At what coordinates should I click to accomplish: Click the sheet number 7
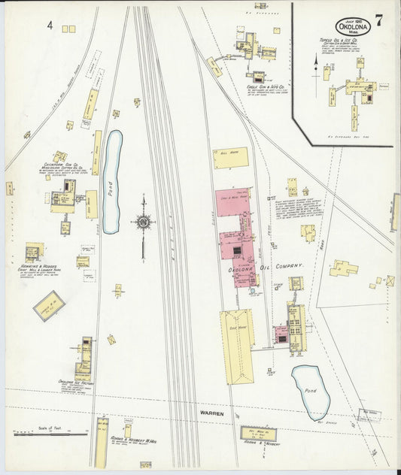380,20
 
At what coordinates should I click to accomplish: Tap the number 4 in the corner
50,26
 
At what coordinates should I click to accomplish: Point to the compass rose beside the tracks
142,222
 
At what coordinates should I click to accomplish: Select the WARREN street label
212,413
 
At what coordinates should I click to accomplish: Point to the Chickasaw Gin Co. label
59,162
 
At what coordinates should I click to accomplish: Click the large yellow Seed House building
236,345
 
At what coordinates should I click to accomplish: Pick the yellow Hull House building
229,158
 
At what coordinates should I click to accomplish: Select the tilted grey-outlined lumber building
49,305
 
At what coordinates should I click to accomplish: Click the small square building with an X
390,280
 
